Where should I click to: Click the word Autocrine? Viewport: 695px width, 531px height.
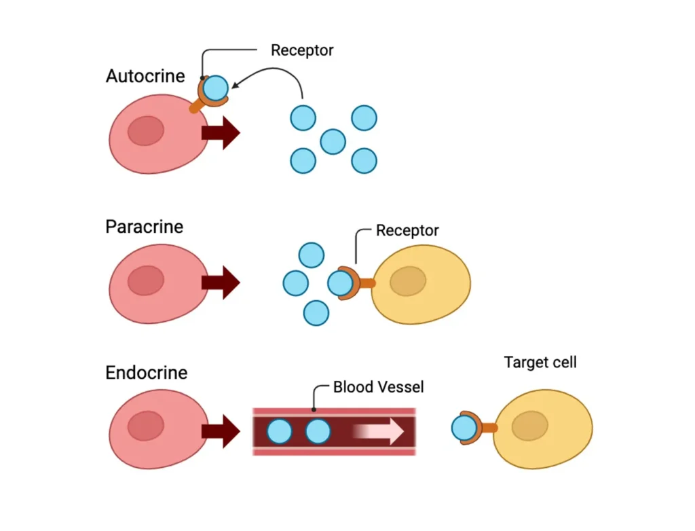tap(145, 76)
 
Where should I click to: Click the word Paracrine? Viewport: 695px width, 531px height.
tap(144, 226)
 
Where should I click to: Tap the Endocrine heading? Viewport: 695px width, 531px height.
tap(146, 373)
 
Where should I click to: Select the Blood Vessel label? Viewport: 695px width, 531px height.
tap(378, 387)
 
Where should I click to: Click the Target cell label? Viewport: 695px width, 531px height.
tap(540, 362)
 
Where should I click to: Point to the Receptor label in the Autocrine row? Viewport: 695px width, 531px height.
tap(302, 50)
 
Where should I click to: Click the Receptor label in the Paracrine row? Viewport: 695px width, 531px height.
tap(407, 231)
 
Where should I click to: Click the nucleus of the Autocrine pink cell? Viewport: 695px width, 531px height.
tap(146, 131)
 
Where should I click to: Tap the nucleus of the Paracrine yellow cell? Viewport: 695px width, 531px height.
tap(408, 282)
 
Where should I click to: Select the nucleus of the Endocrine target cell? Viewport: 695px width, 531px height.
tap(529, 426)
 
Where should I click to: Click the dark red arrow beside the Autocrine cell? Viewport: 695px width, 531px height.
tap(221, 132)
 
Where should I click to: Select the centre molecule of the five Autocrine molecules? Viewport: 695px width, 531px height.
tap(333, 141)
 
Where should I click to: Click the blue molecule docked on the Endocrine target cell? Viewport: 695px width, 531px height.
tap(464, 428)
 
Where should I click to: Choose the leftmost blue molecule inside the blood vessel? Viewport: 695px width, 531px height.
tap(279, 431)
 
